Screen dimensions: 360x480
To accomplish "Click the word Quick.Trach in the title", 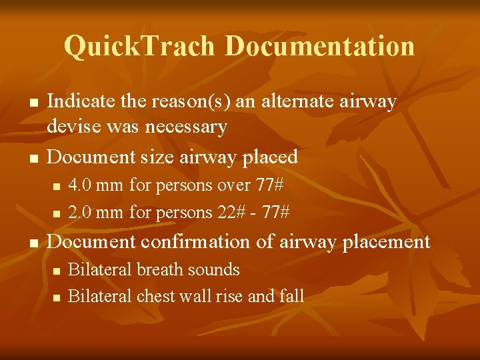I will [x=141, y=46].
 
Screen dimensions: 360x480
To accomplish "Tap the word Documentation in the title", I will [x=319, y=46].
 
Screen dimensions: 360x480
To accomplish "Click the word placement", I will [x=386, y=241].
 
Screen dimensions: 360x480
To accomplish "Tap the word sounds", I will [x=213, y=269].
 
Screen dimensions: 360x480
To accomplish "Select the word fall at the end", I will [x=291, y=296].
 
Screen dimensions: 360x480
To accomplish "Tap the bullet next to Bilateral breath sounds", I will [x=57, y=271].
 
